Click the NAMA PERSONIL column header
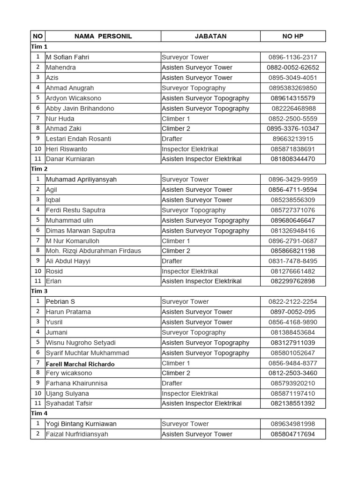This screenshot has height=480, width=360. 103,36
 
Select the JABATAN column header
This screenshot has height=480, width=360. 210,36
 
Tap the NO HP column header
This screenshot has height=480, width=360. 292,36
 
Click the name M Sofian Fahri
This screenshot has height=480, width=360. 67,57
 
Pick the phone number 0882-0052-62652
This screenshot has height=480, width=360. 292,67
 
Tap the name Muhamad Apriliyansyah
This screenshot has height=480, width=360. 81,180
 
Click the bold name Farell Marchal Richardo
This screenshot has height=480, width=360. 80,364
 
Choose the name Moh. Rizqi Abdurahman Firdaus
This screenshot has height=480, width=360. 93,251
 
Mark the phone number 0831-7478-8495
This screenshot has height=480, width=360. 292,261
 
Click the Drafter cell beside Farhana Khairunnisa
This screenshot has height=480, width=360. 172,383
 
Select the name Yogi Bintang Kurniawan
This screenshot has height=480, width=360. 81,424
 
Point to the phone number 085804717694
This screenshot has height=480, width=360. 292,434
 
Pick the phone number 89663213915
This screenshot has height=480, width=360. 292,139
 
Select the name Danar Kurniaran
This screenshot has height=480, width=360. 70,159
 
